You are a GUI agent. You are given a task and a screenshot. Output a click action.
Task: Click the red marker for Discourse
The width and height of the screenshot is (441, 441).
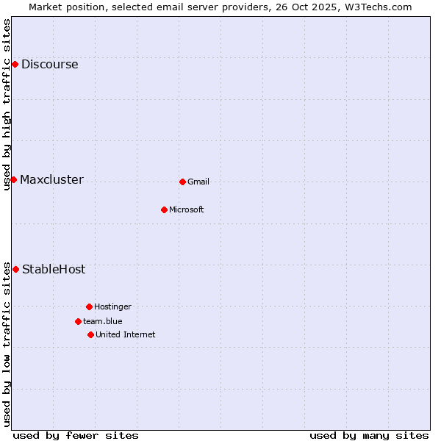pos(15,65)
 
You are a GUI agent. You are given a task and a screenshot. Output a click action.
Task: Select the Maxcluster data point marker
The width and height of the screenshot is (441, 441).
pos(13,180)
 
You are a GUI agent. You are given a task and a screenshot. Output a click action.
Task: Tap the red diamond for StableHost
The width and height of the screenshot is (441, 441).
pos(15,270)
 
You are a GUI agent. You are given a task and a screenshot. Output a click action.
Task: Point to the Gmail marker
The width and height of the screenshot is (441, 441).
pos(182,182)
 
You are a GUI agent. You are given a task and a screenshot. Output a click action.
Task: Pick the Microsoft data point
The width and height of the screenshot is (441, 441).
pos(164,209)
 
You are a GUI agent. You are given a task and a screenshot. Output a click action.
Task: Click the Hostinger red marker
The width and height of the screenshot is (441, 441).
pos(89,306)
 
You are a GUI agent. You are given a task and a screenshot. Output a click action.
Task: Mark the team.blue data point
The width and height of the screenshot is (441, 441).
pos(78,321)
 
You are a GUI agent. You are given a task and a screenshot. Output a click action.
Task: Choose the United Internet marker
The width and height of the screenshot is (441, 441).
pos(90,334)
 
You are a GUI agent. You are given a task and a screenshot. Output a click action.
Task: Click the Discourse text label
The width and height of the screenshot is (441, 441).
pos(49,65)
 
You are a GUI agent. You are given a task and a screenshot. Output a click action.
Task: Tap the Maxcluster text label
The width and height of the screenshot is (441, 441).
pos(51,180)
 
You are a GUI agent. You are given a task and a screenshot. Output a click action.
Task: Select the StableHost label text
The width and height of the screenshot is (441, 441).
pos(54,270)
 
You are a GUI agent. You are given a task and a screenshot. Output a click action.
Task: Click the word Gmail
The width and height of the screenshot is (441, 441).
pos(198,182)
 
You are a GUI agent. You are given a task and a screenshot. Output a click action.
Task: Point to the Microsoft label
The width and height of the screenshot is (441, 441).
pos(187,209)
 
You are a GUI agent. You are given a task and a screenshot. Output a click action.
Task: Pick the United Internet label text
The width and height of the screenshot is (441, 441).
pos(126,334)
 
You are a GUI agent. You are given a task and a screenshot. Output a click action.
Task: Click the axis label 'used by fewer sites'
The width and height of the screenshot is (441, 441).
pos(76,435)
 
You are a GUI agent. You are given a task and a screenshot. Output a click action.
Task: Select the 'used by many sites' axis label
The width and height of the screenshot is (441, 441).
pos(369,435)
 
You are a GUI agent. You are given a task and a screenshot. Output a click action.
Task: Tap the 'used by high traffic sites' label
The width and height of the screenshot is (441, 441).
pos(7,104)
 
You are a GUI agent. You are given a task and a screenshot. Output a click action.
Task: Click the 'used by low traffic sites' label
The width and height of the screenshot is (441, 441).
pos(7,344)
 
